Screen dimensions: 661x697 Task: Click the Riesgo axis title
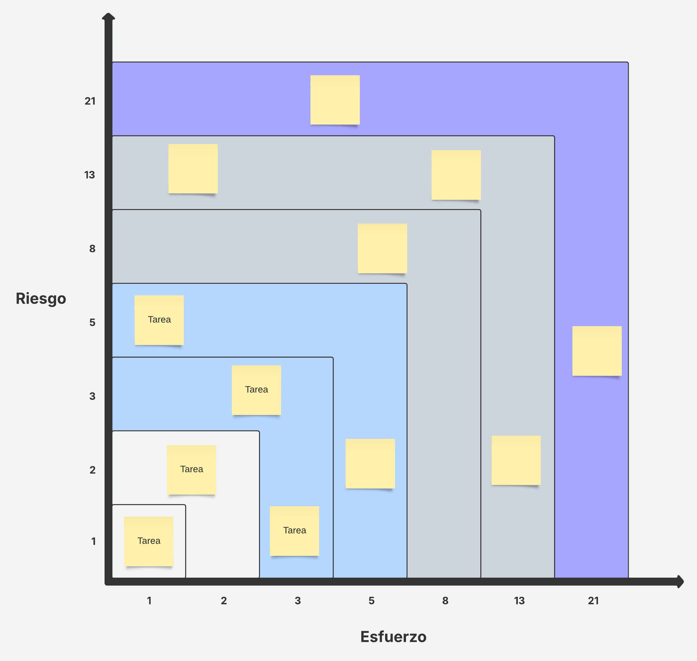point(41,299)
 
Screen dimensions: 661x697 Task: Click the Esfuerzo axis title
point(393,636)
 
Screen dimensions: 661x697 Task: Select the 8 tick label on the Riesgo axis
point(92,249)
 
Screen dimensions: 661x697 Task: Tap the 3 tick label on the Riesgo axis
point(92,396)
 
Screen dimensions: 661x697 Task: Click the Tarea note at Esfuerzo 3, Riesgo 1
point(294,531)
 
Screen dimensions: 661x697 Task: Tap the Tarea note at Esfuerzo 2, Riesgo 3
point(256,390)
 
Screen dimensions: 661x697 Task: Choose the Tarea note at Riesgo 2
point(191,469)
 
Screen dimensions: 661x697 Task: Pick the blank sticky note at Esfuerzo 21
point(597,351)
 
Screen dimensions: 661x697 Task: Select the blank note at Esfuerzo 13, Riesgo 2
point(516,460)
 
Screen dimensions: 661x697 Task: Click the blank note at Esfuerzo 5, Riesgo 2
point(370,463)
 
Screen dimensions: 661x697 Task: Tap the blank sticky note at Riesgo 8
point(382,248)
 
